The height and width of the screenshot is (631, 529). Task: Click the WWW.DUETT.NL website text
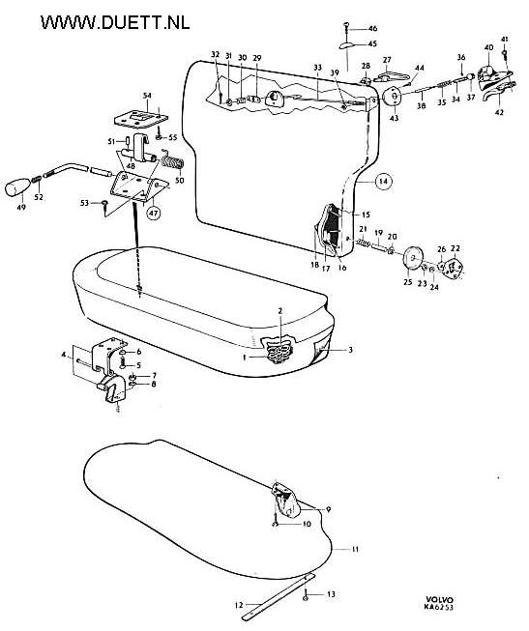(115, 22)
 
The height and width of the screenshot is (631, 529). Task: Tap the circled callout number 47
(153, 213)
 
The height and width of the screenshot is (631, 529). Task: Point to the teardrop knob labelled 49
(16, 188)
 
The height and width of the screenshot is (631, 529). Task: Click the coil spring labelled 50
(173, 161)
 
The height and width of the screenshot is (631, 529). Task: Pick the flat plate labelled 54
(140, 118)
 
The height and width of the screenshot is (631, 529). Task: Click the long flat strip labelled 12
(277, 596)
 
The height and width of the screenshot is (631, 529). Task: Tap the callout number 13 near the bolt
(331, 594)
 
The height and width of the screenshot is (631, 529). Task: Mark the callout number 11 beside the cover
(355, 549)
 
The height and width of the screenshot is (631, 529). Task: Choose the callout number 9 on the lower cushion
(329, 509)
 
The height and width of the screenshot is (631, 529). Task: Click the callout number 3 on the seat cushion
(350, 350)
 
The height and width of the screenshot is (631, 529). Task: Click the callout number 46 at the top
(372, 28)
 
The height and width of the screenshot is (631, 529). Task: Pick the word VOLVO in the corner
(440, 600)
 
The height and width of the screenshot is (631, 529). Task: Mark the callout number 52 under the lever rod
(39, 197)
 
